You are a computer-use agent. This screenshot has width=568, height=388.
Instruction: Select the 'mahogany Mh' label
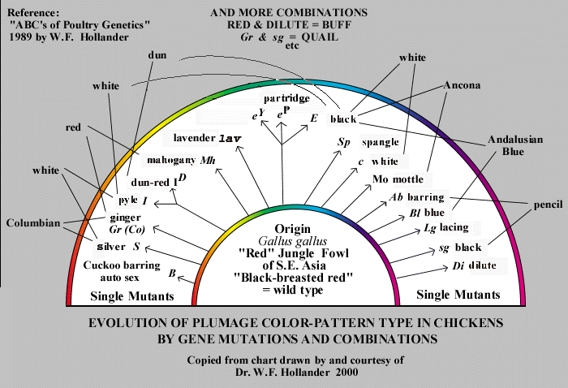(x=180, y=159)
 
